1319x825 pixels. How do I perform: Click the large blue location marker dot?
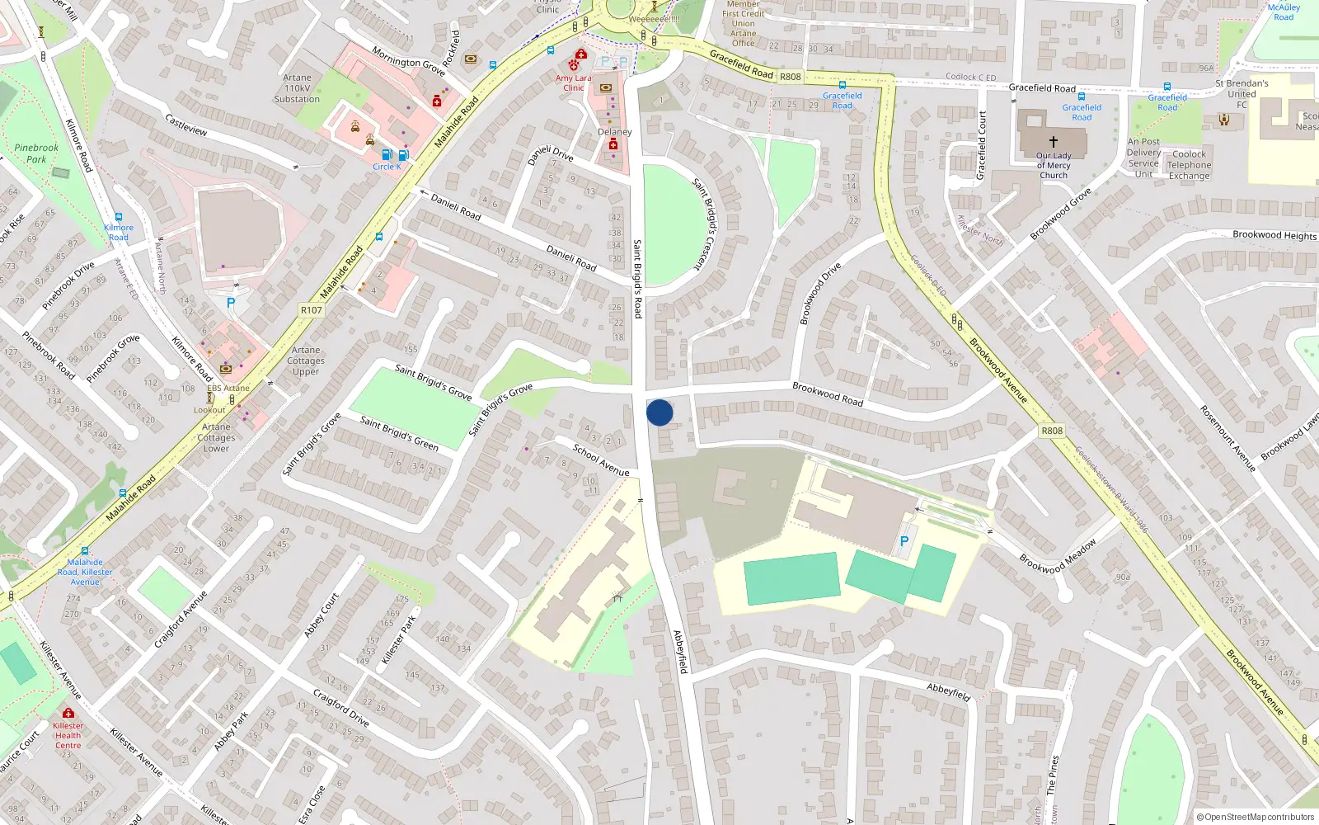click(659, 412)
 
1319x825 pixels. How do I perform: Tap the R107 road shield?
click(311, 310)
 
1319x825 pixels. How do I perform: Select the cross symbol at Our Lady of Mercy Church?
click(1053, 142)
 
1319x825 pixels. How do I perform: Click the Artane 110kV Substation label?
click(297, 88)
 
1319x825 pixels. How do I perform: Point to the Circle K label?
click(387, 167)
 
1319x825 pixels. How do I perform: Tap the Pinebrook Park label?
click(36, 153)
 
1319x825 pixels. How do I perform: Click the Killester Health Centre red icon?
click(68, 713)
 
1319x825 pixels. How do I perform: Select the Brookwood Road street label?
click(828, 394)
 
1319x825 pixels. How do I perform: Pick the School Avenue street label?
click(601, 460)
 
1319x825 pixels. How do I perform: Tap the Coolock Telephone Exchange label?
click(1189, 165)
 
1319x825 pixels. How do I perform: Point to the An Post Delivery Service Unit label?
click(1143, 158)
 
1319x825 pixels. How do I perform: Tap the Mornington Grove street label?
click(408, 61)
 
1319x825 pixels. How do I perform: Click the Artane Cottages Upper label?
click(306, 361)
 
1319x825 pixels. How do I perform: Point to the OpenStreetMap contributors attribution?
click(1256, 817)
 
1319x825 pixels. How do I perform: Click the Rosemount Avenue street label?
click(1227, 438)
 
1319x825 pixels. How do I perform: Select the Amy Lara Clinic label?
click(573, 82)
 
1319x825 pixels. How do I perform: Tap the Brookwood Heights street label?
click(1274, 235)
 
